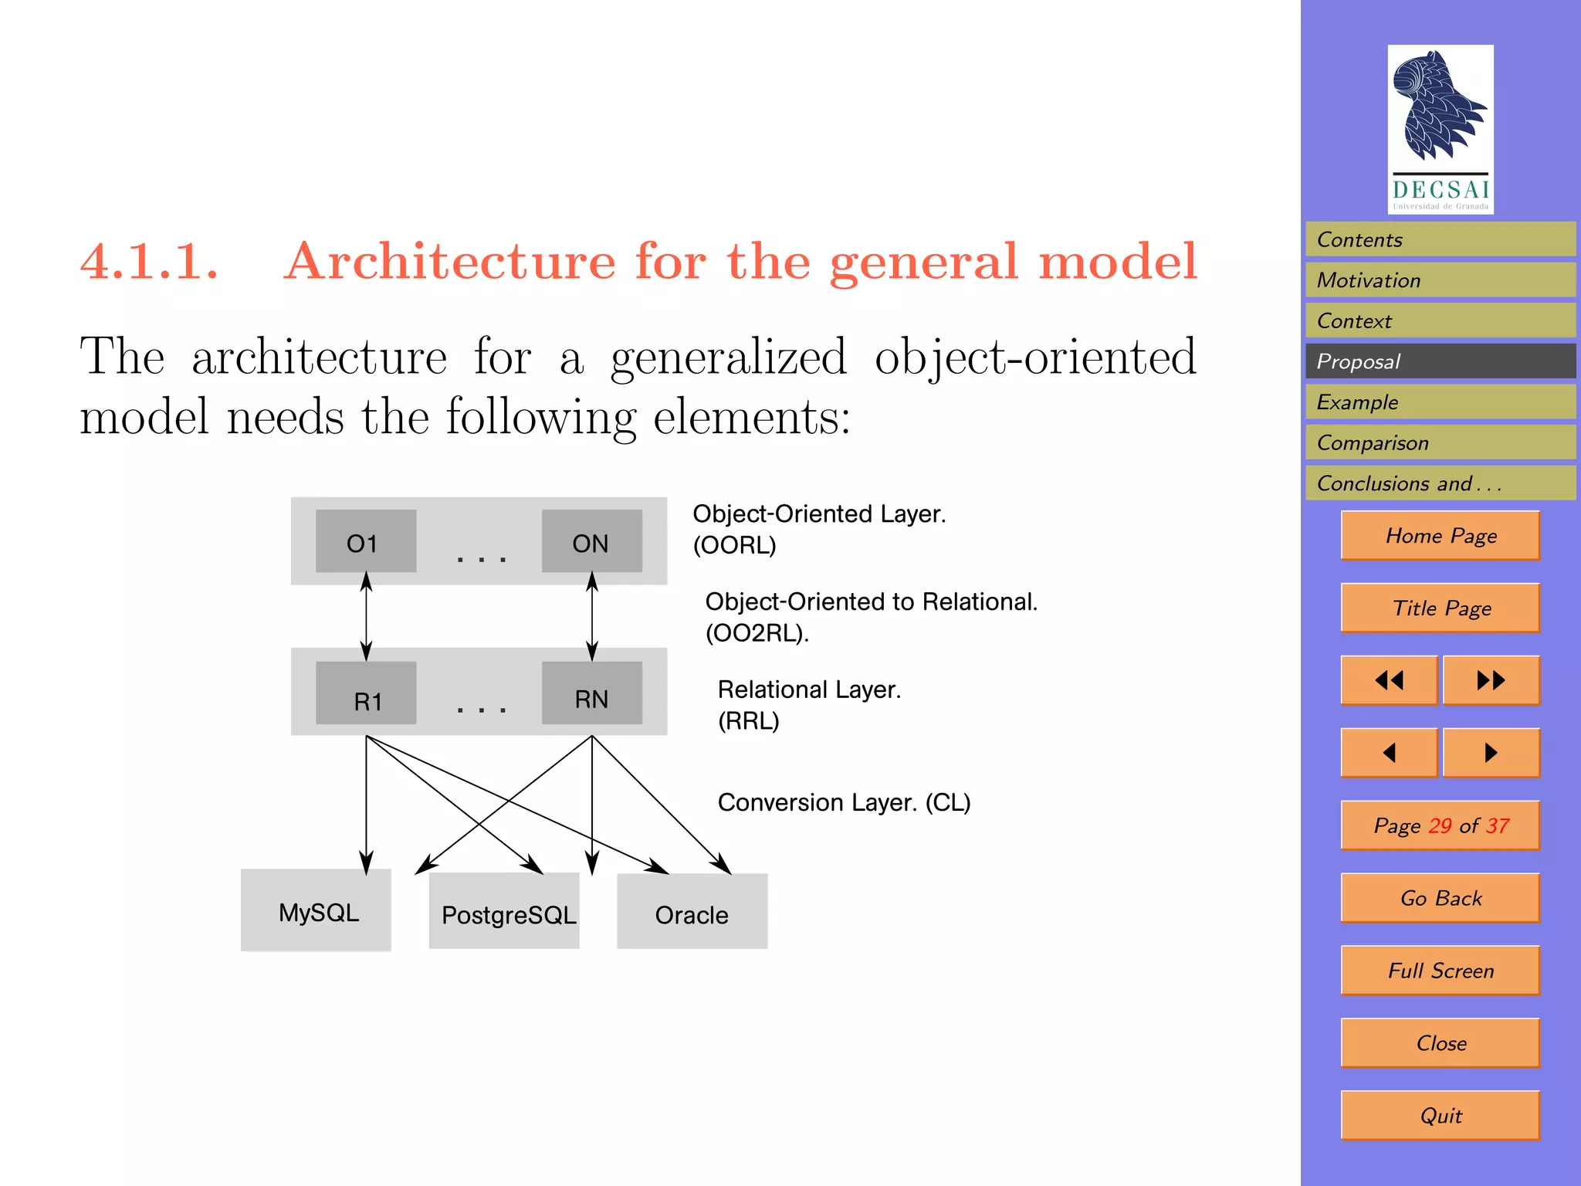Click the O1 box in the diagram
pyautogui.click(x=366, y=541)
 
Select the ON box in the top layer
pyautogui.click(x=591, y=541)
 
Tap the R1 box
pyautogui.click(x=366, y=693)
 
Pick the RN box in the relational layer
pyautogui.click(x=591, y=693)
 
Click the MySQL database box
pyautogui.click(x=316, y=911)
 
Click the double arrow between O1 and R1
pyautogui.click(x=366, y=616)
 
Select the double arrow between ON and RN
pyautogui.click(x=592, y=616)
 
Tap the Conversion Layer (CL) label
pyautogui.click(x=844, y=802)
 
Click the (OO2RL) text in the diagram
pyautogui.click(x=757, y=633)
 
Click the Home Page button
pyautogui.click(x=1440, y=535)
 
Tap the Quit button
pyautogui.click(x=1440, y=1115)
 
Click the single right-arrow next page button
pyautogui.click(x=1491, y=752)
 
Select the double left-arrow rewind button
pyautogui.click(x=1389, y=680)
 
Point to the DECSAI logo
pyautogui.click(x=1440, y=129)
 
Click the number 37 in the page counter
pyautogui.click(x=1498, y=825)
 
